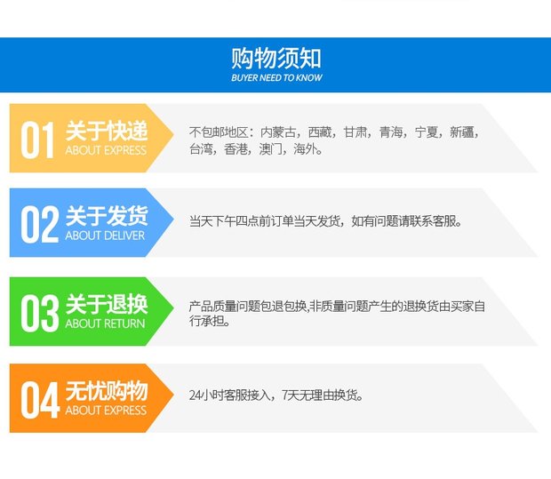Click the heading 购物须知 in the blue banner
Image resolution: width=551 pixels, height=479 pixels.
[276, 59]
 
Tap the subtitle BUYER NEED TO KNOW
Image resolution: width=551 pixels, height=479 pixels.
[276, 77]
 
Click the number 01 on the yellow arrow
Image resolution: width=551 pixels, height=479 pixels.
[37, 140]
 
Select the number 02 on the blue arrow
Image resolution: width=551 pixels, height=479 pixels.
[39, 225]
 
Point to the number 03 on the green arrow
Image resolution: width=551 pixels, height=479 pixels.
[40, 313]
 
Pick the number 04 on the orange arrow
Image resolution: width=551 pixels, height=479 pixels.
[40, 400]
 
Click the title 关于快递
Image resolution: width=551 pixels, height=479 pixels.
[107, 132]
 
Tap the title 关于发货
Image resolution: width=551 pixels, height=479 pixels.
[107, 215]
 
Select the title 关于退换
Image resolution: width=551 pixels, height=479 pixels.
[107, 304]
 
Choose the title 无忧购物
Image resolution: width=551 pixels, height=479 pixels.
[107, 390]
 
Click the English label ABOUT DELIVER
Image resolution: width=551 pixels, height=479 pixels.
[105, 236]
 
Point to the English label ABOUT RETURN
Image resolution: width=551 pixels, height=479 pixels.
[105, 323]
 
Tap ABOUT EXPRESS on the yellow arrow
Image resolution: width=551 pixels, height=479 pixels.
[106, 150]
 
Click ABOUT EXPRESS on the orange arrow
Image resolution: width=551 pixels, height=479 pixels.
[106, 411]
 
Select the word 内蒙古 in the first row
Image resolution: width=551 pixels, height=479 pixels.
[278, 132]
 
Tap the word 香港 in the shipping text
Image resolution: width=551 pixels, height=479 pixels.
[236, 149]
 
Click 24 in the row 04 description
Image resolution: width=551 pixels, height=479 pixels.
[195, 395]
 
